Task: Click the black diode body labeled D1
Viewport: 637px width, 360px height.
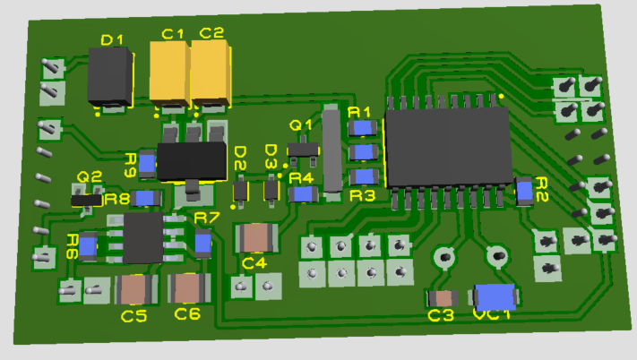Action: [110, 76]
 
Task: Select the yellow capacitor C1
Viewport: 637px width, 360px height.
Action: [170, 73]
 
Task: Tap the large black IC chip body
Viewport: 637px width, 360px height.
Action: [448, 148]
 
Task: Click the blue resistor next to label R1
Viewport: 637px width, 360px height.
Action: [363, 128]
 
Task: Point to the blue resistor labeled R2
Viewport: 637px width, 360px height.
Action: [524, 191]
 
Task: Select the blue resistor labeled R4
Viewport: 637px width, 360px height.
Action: [304, 194]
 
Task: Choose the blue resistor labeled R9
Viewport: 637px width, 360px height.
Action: [147, 164]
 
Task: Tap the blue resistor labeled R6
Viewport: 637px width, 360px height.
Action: [88, 245]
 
